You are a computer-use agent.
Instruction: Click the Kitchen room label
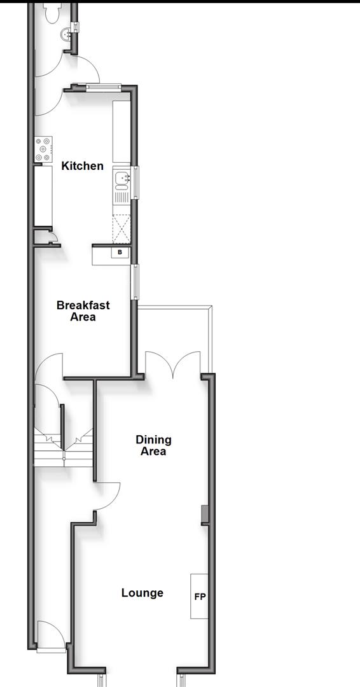point(82,166)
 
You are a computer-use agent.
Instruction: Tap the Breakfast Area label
point(83,310)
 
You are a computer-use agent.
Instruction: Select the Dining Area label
point(153,445)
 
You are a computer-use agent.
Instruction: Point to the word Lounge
point(142,593)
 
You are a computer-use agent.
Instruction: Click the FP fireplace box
point(200,597)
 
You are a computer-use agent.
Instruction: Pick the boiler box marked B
point(120,253)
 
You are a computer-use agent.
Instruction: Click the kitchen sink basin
point(121,178)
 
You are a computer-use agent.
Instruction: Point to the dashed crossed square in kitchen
point(121,229)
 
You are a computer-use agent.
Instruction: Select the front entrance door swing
point(50,636)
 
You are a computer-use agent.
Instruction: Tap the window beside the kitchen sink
point(135,182)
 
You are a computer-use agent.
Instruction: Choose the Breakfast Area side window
point(135,281)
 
